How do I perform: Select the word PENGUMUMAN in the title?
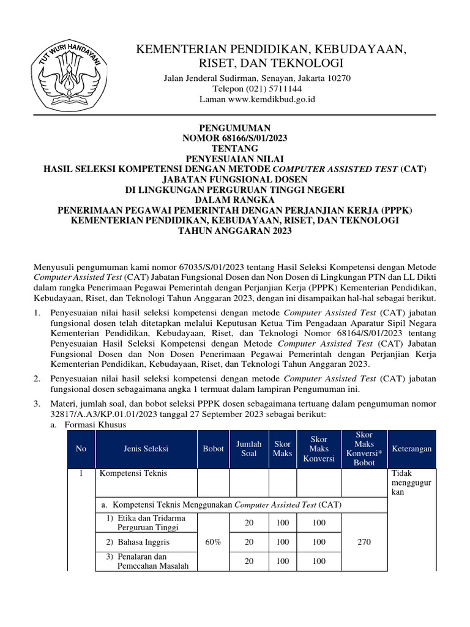coord(235,128)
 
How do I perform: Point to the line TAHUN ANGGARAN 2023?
coord(235,231)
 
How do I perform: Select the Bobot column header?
coord(214,449)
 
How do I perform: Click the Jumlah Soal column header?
coord(248,449)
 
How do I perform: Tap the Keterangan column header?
coord(411,449)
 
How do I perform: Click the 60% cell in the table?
coord(214,543)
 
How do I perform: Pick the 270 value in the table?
coord(364,543)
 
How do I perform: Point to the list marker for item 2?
coord(37,379)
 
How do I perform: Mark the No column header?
coord(81,449)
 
